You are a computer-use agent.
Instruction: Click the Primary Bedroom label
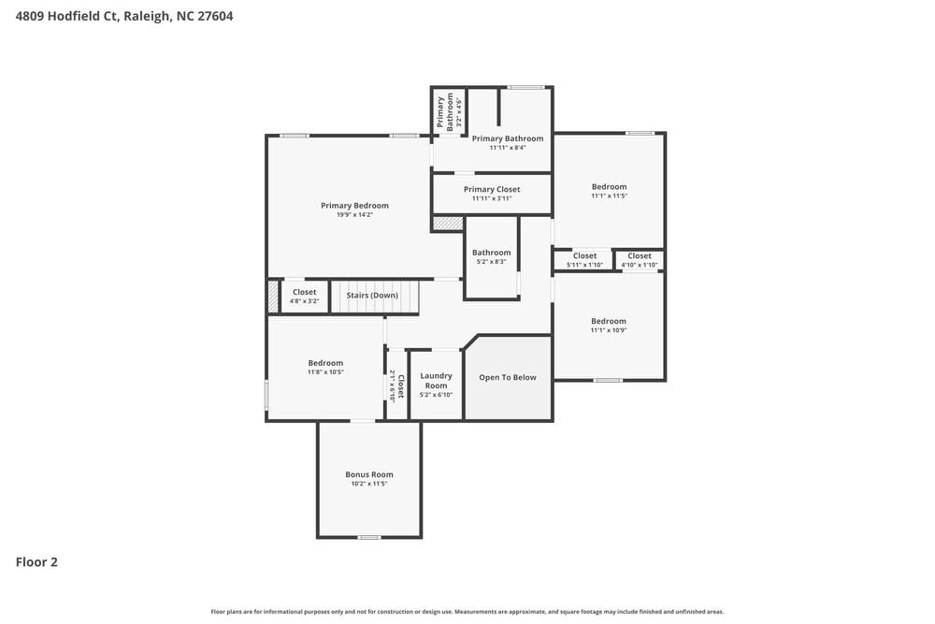[x=354, y=206]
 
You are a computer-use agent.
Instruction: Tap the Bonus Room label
[x=369, y=474]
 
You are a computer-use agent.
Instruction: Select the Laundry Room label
[x=437, y=381]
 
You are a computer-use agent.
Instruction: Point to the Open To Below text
[x=508, y=378]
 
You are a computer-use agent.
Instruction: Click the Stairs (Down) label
[x=372, y=296]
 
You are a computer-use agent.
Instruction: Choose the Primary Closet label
[x=492, y=189]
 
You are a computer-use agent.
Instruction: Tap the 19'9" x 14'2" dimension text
[x=354, y=215]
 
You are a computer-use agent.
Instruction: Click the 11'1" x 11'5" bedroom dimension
[x=609, y=196]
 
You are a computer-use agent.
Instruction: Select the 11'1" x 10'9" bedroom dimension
[x=609, y=330]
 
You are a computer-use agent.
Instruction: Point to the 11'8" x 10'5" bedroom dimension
[x=326, y=372]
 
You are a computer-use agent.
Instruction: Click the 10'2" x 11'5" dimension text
[x=369, y=484]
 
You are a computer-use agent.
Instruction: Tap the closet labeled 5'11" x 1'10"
[x=584, y=260]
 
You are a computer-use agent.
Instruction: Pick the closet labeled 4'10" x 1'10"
[x=640, y=260]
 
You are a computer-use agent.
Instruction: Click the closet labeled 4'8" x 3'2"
[x=304, y=297]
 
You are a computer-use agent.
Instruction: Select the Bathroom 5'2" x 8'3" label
[x=491, y=256]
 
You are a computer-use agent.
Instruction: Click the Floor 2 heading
[x=36, y=562]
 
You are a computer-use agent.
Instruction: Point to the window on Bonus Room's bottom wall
[x=369, y=537]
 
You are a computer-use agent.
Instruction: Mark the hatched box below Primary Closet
[x=448, y=224]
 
